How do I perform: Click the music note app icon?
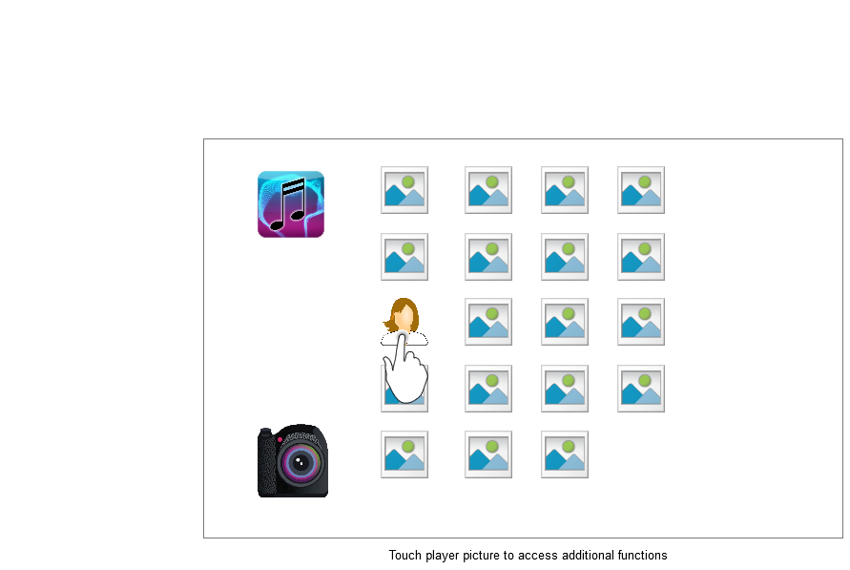(291, 203)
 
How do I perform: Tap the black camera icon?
(292, 461)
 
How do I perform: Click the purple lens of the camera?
(301, 464)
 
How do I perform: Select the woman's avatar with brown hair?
(404, 319)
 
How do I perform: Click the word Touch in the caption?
(404, 555)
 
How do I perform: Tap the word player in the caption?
(444, 555)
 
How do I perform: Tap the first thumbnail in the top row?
(404, 190)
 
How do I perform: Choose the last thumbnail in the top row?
(641, 190)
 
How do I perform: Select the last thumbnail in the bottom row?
(565, 454)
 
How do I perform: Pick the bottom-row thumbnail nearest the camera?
(404, 454)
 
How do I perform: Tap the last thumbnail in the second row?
(641, 257)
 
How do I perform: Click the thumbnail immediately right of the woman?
(488, 322)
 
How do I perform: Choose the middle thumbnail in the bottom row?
(488, 454)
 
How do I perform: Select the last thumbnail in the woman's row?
(641, 322)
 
